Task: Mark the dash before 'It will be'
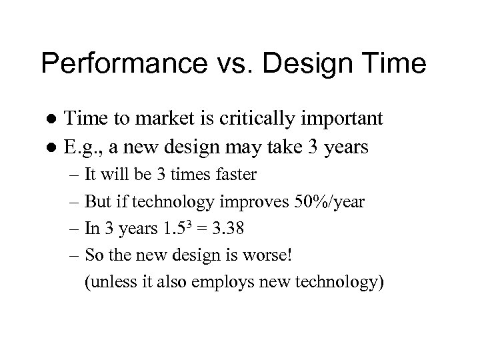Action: pos(73,175)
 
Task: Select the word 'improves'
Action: pos(261,202)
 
